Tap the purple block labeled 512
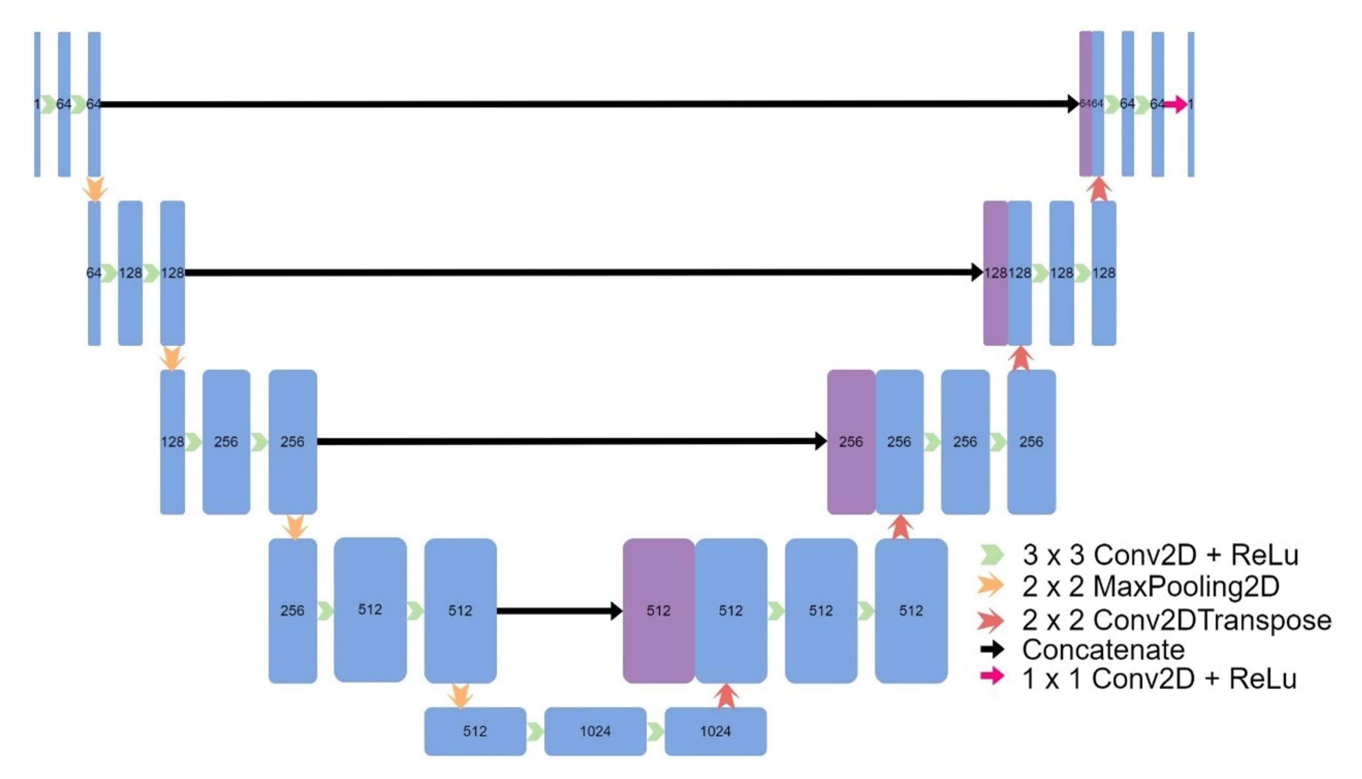pyautogui.click(x=658, y=610)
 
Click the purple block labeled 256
pyautogui.click(x=851, y=442)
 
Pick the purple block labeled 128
pyautogui.click(x=995, y=273)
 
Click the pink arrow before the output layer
pyautogui.click(x=1175, y=104)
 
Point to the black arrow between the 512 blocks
pyautogui.click(x=559, y=610)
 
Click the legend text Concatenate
pyautogui.click(x=1103, y=650)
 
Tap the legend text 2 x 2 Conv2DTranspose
pyautogui.click(x=1176, y=620)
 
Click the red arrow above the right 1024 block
pyautogui.click(x=726, y=696)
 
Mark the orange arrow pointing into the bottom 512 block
pyautogui.click(x=460, y=695)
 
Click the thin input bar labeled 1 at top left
pyautogui.click(x=37, y=104)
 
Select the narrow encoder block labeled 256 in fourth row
pyautogui.click(x=293, y=610)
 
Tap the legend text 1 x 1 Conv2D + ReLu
pyautogui.click(x=1159, y=678)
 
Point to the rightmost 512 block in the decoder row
pyautogui.click(x=911, y=610)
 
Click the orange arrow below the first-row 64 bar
pyautogui.click(x=95, y=189)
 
